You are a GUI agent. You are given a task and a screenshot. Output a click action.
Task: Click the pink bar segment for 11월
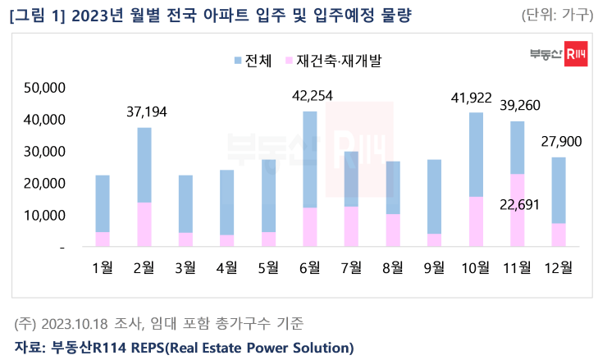[517, 210]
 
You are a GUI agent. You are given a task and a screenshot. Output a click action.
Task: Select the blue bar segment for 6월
[310, 159]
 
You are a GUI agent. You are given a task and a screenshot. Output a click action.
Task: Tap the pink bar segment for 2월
[144, 224]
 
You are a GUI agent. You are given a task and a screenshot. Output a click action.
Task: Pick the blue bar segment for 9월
[434, 197]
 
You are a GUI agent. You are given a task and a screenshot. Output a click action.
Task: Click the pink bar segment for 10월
[476, 221]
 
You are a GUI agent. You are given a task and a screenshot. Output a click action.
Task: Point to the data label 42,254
[313, 96]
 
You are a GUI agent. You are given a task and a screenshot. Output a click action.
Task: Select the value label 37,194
[147, 112]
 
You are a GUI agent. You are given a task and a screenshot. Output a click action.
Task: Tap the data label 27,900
[561, 142]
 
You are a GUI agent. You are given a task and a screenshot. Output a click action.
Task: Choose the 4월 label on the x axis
[226, 267]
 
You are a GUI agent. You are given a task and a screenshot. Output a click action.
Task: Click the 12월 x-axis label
[559, 267]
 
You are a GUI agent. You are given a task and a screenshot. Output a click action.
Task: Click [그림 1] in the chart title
[39, 15]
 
